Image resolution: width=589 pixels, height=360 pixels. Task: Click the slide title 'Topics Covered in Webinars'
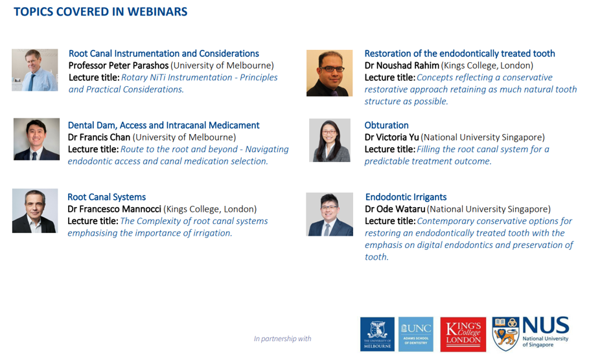[x=100, y=12]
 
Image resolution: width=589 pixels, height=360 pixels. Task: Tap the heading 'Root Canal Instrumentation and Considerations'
[x=164, y=53]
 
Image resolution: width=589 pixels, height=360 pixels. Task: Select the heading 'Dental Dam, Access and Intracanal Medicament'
[x=164, y=125]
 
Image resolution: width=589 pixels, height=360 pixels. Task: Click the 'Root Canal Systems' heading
[x=107, y=197]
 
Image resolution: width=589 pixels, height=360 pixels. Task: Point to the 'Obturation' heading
[x=387, y=125]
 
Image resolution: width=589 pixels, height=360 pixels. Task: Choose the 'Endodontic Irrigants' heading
[x=406, y=197]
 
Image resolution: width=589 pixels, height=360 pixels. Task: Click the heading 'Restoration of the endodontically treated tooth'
[x=460, y=53]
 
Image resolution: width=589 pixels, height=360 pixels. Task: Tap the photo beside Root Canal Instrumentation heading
[x=35, y=70]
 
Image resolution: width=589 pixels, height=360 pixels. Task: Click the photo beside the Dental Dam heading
[x=36, y=139]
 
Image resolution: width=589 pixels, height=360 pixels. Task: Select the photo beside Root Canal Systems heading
[x=35, y=210]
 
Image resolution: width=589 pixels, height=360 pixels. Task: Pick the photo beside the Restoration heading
[x=329, y=73]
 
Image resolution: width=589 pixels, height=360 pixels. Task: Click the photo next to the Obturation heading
[x=330, y=141]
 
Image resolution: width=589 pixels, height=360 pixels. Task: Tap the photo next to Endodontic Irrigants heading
[x=329, y=214]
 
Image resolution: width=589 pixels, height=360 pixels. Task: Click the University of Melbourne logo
[x=377, y=334]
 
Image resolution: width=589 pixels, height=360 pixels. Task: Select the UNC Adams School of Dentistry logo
[x=416, y=334]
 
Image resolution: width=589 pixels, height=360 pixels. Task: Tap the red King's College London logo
[x=463, y=334]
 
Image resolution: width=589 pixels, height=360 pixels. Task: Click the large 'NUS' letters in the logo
[x=546, y=325]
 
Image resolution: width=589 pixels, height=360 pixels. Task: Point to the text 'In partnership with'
[x=283, y=339]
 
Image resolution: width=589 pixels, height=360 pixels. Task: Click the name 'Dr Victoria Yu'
[x=391, y=137]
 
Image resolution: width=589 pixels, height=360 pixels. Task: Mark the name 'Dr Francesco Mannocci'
[x=114, y=209]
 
